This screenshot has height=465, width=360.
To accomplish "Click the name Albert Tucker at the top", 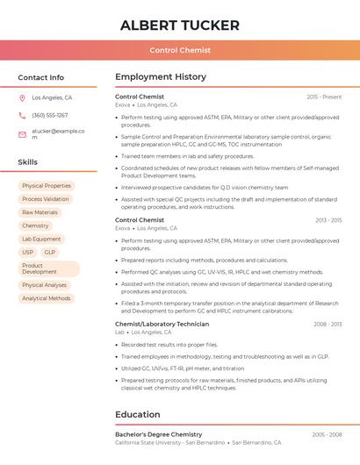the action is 179,25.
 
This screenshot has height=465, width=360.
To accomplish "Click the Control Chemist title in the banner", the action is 179,50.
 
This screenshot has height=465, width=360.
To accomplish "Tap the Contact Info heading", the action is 40,77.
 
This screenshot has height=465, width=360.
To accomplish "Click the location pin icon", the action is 22,97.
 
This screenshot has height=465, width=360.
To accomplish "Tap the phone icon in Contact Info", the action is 22,115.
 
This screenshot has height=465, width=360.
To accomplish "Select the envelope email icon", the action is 22,134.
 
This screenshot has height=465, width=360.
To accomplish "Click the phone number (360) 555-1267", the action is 50,115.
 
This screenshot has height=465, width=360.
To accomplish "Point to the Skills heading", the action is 28,162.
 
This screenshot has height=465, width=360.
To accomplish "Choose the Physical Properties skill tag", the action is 47,186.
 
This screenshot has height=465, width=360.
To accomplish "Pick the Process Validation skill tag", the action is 46,199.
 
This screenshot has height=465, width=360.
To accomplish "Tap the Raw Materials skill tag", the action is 40,212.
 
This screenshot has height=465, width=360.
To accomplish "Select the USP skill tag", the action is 27,252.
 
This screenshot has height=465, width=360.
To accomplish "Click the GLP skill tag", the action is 50,252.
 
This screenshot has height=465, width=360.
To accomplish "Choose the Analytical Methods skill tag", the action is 47,298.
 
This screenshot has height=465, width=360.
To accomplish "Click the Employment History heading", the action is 160,77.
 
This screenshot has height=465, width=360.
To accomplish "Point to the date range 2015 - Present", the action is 324,97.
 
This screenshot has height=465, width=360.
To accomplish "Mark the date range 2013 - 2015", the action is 328,220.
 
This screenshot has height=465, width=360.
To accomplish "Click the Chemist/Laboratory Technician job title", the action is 162,324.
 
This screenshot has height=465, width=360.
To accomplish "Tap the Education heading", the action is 137,414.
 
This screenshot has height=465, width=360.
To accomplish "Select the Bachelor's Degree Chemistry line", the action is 158,434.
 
